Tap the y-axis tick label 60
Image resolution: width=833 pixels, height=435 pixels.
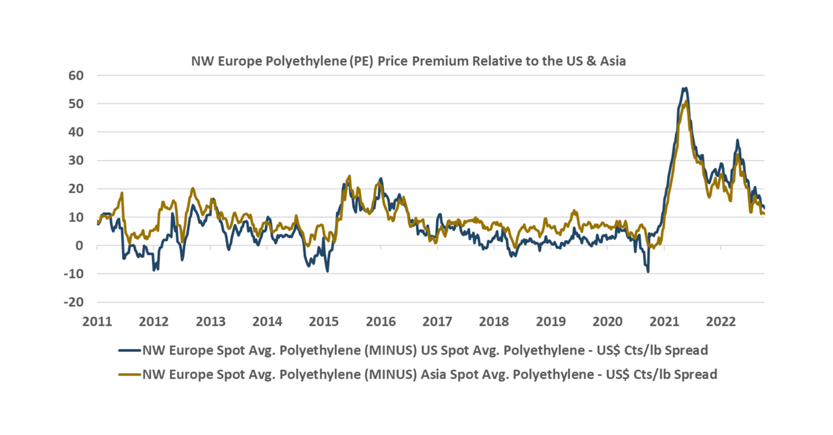(76, 76)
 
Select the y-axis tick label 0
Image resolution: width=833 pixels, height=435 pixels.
(79, 246)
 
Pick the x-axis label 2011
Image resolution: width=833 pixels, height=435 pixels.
(97, 321)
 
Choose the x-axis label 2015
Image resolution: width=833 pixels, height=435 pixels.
(324, 321)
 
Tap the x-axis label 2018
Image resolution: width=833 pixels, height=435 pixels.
(494, 321)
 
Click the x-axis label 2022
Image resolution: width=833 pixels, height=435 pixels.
(721, 321)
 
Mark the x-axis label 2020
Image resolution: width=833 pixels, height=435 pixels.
(607, 321)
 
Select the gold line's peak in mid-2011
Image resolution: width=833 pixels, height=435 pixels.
(122, 193)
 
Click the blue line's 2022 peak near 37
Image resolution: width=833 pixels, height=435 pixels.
(737, 140)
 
